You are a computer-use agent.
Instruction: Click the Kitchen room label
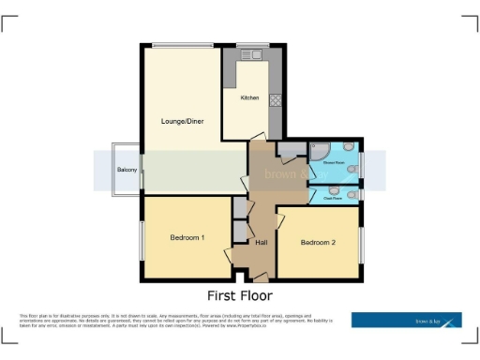pos(249,97)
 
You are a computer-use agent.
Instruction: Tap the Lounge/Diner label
pos(182,122)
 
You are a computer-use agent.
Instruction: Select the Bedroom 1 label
pos(187,237)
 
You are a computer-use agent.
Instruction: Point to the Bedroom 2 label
pos(318,243)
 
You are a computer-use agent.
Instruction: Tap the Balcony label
pos(127,170)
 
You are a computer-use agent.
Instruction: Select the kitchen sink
pos(252,56)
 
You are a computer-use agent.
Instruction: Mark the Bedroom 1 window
pos(142,239)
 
